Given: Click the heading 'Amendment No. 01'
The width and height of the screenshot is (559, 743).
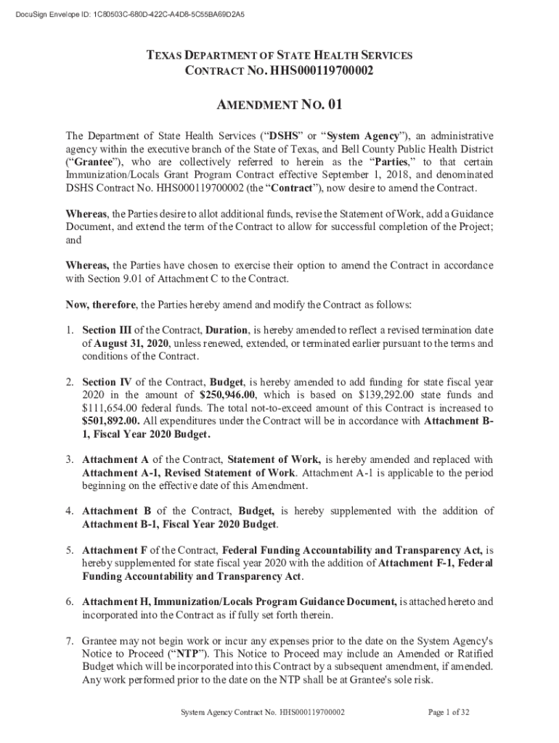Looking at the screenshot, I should point(279,106).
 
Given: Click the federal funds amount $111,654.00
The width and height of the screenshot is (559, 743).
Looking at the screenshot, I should point(111,409).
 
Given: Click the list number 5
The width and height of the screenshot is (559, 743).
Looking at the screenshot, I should point(70,550).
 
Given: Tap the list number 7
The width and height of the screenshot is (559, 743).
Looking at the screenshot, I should point(70,641).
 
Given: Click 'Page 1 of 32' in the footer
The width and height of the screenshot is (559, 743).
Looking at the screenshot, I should point(449,713).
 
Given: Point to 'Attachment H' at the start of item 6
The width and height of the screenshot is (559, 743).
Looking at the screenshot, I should point(116,602).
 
